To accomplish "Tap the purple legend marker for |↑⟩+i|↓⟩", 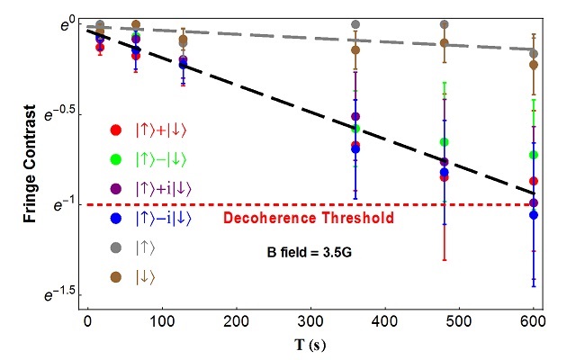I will (x=114, y=188).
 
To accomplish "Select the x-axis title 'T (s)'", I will (x=313, y=344).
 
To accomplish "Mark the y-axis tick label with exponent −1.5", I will (x=54, y=294).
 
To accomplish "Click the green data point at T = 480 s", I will (x=444, y=142).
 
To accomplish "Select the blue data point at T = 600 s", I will (x=535, y=215).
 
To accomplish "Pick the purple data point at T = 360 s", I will (x=355, y=117).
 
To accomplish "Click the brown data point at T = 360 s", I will (x=355, y=50).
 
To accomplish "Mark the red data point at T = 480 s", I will (x=444, y=177).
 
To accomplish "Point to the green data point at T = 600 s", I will (x=535, y=155).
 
